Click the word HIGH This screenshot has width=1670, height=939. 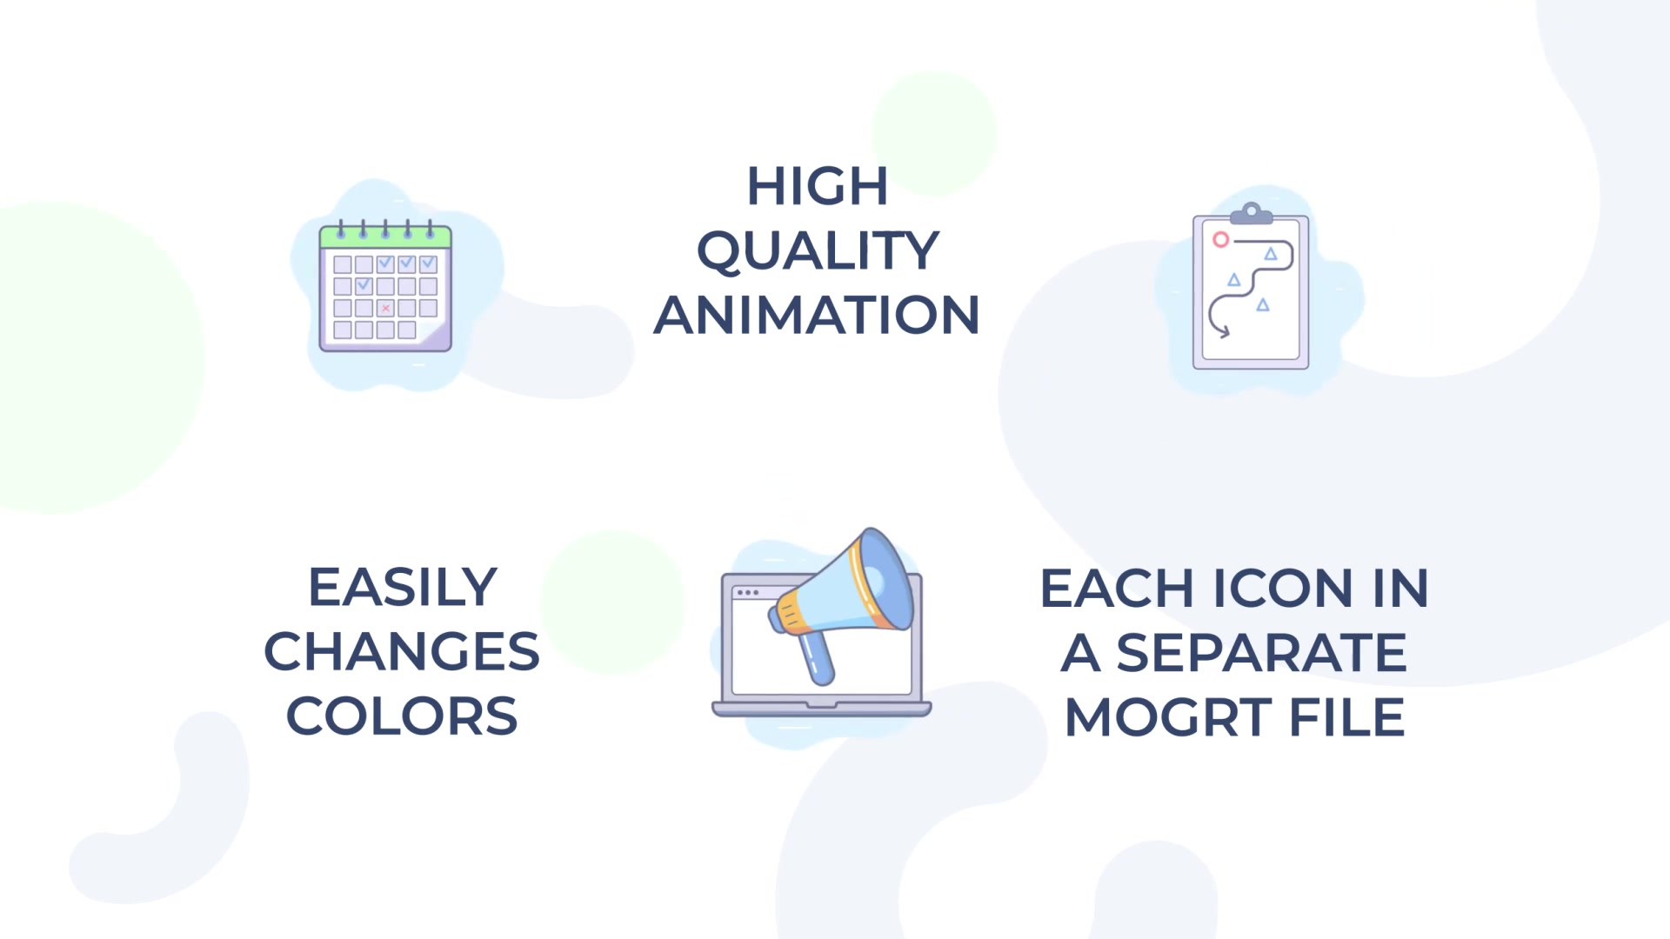point(818,186)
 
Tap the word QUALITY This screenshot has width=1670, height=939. point(818,251)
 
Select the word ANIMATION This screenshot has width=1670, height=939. point(817,315)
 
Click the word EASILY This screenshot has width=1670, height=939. point(403,587)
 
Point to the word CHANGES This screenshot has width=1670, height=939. point(402,651)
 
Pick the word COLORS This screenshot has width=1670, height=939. point(402,716)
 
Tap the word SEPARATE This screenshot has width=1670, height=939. point(1261,653)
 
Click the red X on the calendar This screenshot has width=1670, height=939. point(385,308)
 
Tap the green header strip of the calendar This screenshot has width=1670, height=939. point(385,236)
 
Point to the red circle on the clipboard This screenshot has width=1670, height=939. point(1221,239)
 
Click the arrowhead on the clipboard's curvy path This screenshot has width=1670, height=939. point(1222,330)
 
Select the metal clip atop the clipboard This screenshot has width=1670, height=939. point(1252,213)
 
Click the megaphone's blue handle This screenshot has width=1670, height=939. point(816,656)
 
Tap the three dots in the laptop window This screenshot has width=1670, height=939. point(747,593)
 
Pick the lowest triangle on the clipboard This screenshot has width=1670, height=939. point(1263,305)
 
